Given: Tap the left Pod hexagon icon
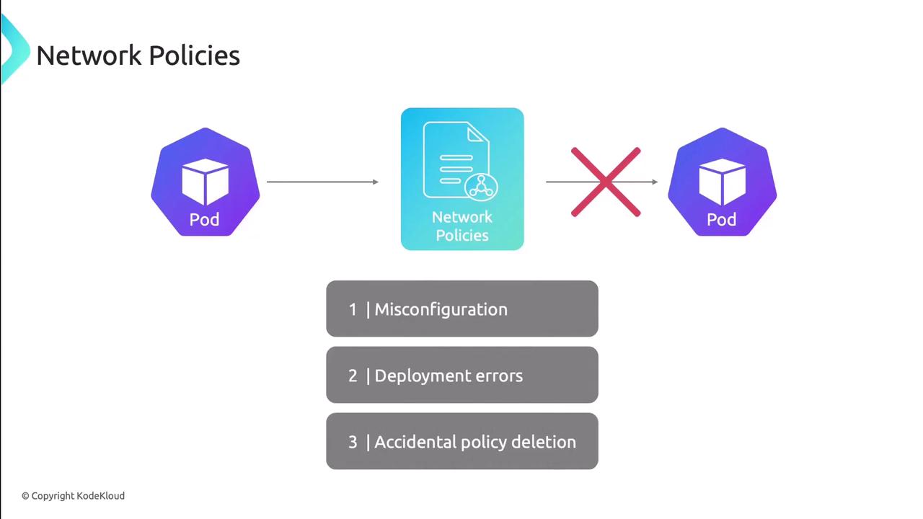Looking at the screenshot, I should coord(205,182).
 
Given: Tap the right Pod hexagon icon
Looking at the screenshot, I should coord(722,182).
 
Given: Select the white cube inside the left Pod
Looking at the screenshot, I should coord(205,181).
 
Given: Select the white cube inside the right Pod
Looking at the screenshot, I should coord(722,181).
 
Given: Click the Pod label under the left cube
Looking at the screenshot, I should coord(205,220).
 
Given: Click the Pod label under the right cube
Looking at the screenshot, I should coord(722,220).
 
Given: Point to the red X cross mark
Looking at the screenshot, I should coord(606,182).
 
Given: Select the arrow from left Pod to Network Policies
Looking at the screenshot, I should coord(322,182).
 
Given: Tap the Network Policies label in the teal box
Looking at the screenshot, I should coord(462,226).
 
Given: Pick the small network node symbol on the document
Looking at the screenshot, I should coord(480,187).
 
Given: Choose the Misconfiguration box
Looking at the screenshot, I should coord(462,309).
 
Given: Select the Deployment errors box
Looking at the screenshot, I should coord(462,376).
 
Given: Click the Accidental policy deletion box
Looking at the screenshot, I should coord(462,442).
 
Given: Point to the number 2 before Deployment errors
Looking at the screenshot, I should coord(353,376).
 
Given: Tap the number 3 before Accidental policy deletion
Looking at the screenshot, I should coord(353,442).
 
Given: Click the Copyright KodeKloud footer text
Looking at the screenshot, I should coord(73,496).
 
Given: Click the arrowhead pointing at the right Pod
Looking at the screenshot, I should coord(655,182).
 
